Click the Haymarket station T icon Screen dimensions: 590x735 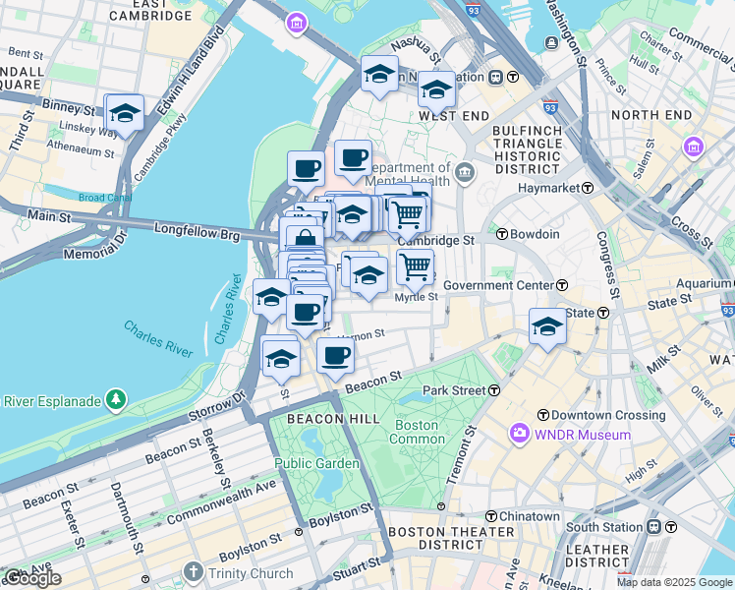588,188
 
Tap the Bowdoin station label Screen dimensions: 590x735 534,235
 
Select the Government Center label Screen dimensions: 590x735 499,285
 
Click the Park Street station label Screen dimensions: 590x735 454,390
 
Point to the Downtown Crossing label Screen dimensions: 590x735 608,415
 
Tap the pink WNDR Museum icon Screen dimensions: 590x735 518,434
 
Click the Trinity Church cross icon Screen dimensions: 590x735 193,572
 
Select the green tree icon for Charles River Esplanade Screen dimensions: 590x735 116,399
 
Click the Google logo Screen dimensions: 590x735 32,578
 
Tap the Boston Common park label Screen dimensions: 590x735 418,432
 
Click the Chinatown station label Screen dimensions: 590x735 528,516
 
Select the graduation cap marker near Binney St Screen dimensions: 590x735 124,113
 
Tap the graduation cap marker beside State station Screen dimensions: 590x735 547,326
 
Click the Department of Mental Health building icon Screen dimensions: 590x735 465,174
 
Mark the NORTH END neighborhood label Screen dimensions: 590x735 650,115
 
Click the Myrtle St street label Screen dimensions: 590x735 416,297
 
